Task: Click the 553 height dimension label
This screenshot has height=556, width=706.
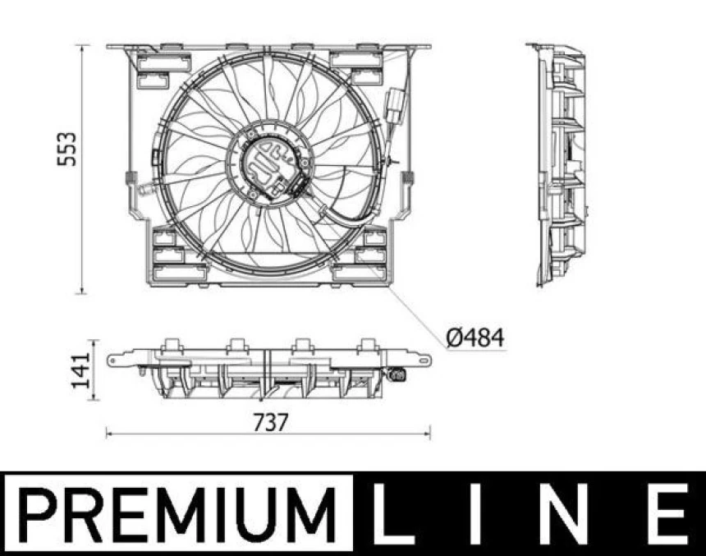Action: point(71,148)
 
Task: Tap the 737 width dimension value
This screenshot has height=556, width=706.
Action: point(270,422)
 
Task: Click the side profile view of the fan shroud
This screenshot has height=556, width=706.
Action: point(561,164)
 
